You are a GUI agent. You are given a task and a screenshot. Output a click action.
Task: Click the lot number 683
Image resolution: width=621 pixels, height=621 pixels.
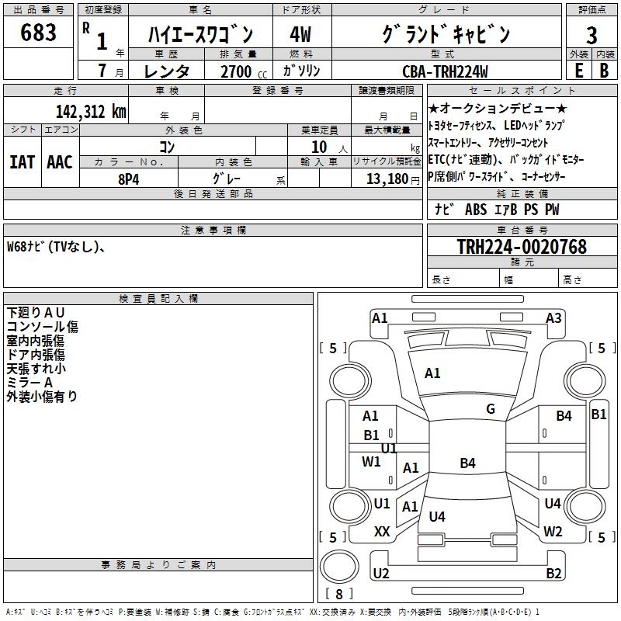coord(39,33)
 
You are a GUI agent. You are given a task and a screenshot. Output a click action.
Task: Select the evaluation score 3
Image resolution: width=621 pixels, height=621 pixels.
coord(592,36)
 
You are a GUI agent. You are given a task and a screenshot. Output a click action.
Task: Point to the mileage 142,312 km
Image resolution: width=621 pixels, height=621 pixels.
coord(91,111)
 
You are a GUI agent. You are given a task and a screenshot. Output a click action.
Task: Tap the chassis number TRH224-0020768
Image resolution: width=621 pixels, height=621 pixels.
coord(522,247)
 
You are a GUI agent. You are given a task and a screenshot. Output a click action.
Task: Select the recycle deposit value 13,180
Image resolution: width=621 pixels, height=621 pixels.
coord(387,179)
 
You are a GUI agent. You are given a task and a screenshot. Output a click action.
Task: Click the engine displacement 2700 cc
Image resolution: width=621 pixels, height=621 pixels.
coord(239,72)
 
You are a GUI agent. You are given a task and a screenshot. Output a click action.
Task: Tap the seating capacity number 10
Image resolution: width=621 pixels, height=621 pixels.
coord(319,146)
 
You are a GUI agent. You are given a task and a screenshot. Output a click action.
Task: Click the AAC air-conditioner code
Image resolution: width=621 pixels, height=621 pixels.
coord(60,162)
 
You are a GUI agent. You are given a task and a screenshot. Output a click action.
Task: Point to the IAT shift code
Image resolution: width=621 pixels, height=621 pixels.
coord(22,162)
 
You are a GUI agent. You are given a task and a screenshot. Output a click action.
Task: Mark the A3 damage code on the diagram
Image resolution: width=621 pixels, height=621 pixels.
coord(553,317)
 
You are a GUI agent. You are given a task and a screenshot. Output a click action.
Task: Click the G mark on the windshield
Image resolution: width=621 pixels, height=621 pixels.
coord(491,409)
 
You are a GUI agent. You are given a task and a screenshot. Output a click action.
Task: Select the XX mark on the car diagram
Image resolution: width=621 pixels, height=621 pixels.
coord(382,532)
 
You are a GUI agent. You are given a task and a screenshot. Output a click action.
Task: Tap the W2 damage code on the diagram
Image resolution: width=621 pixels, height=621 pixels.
coord(553,532)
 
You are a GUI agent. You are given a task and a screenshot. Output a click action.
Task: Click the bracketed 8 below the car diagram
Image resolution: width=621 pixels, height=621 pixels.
coord(338,595)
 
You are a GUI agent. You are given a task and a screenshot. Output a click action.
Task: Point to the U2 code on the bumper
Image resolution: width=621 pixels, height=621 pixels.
coord(380,574)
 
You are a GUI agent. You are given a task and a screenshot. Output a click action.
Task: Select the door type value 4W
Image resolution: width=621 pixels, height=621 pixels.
coord(300,34)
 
